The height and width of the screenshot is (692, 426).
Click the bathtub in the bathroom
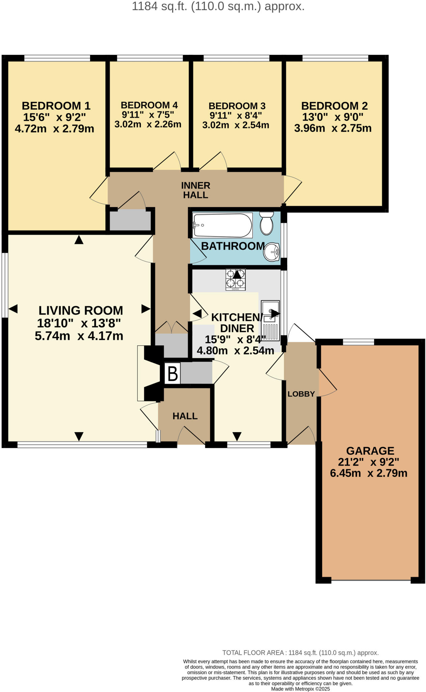pos(222,225)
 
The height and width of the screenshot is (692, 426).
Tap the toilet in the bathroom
pos(267,223)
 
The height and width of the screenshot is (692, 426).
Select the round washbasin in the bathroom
pos(271,252)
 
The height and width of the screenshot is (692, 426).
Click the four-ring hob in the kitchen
pos(235,279)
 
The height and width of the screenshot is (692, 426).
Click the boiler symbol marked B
pos(172,373)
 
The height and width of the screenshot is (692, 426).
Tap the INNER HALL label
pos(195,190)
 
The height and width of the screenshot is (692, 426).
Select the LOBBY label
pos(301,394)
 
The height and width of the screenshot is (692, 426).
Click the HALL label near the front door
pos(185,416)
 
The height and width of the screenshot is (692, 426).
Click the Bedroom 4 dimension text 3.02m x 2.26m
pos(148,124)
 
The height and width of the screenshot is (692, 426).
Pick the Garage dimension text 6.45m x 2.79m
pos(369,473)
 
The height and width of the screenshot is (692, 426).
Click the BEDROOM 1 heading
pos(56,106)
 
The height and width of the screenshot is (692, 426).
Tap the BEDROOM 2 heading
pos(334,106)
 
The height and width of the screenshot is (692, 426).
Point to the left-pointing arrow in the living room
pos(13,308)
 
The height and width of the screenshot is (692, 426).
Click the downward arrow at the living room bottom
pos(79,436)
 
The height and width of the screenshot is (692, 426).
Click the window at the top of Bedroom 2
pos(335,58)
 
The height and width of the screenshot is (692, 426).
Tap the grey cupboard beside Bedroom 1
pos(130,220)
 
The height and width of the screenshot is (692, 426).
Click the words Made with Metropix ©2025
pos(300,689)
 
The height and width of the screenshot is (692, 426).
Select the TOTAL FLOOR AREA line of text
pos(300,653)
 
